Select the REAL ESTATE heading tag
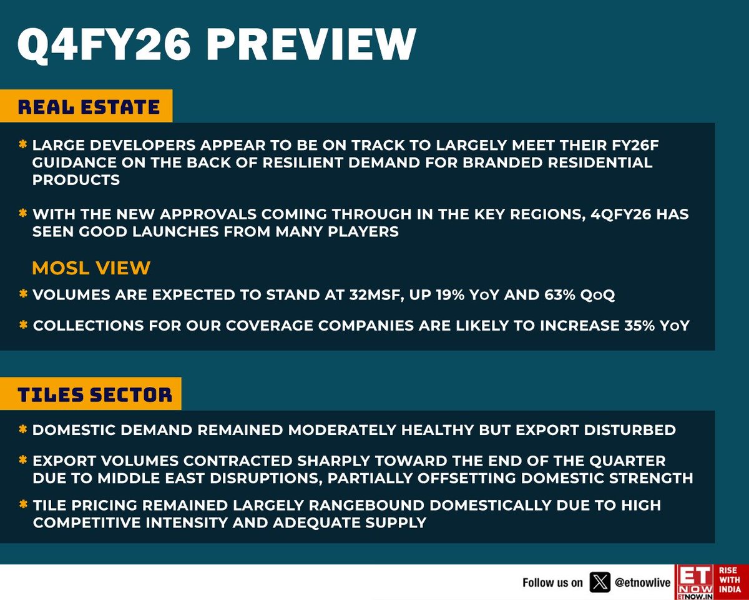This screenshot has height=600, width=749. click(89, 107)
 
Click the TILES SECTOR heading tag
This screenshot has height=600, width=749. click(95, 394)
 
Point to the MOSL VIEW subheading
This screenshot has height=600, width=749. click(91, 268)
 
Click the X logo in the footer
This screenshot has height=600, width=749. click(600, 582)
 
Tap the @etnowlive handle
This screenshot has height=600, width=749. click(642, 582)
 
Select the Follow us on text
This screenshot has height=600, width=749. click(552, 582)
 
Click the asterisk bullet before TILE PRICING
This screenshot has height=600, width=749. click(22, 504)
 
